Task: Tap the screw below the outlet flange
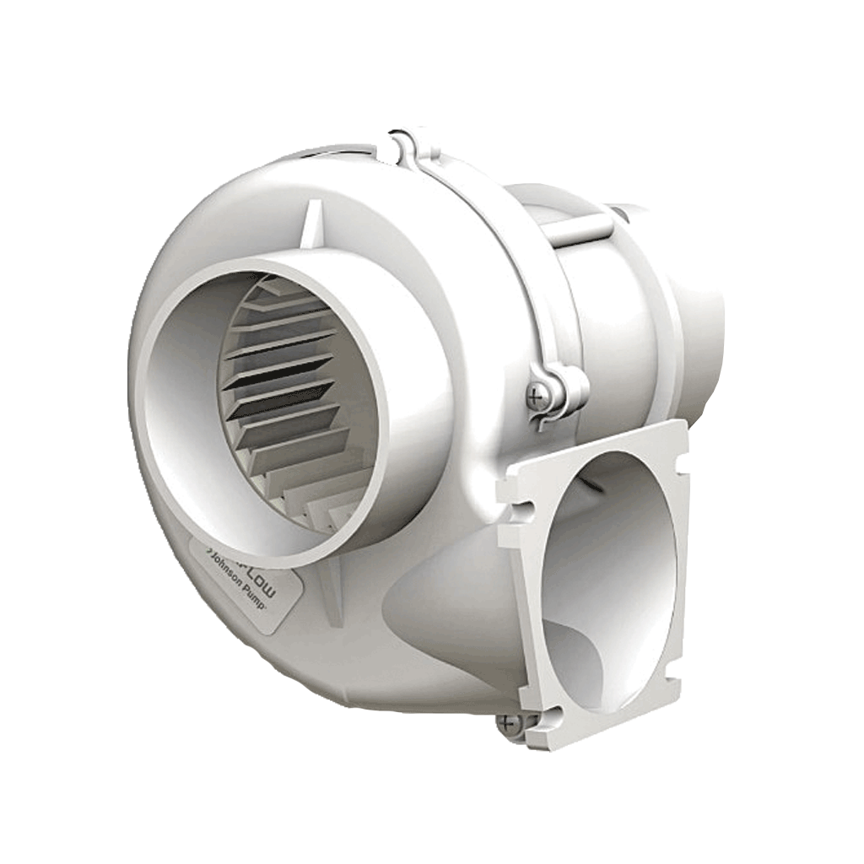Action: [508, 722]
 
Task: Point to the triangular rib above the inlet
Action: [311, 224]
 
